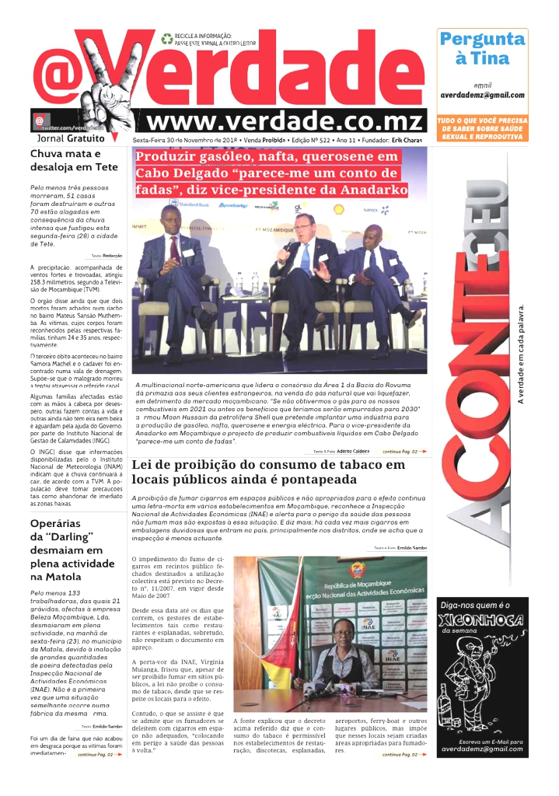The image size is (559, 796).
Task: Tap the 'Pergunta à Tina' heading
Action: click(x=483, y=48)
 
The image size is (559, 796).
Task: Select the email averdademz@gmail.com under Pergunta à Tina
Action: click(x=482, y=95)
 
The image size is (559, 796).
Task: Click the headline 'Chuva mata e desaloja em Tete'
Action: click(x=74, y=160)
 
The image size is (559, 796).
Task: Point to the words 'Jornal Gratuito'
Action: click(x=71, y=138)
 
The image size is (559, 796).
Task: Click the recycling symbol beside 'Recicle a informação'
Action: click(x=166, y=38)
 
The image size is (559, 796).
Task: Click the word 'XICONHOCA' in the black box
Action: click(x=482, y=620)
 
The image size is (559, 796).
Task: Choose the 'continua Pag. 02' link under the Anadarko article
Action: click(x=404, y=451)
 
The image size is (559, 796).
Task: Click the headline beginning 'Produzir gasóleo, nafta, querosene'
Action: click(x=272, y=173)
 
